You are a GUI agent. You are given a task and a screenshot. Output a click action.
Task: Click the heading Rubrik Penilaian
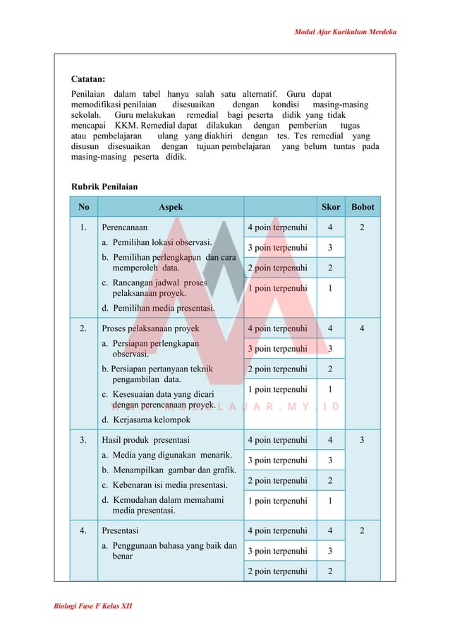coord(104,186)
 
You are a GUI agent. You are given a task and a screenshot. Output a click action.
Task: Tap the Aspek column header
coord(170,207)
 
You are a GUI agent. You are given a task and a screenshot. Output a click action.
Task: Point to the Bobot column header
coord(363,207)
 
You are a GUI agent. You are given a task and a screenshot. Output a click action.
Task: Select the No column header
coord(84,207)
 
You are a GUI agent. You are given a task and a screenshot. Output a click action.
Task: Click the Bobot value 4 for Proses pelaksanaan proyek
coord(363,328)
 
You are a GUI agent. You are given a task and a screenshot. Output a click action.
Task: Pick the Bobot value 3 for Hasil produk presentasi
coord(363,440)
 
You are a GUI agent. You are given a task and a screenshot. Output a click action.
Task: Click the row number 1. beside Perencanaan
coord(84,228)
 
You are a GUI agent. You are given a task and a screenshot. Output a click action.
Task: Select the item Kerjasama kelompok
coord(151,419)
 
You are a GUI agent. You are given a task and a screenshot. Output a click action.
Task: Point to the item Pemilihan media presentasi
coord(159,307)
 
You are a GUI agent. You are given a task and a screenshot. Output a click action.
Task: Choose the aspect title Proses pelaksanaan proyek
coord(150,328)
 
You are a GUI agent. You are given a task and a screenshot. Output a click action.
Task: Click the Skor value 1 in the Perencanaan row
coord(331,288)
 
